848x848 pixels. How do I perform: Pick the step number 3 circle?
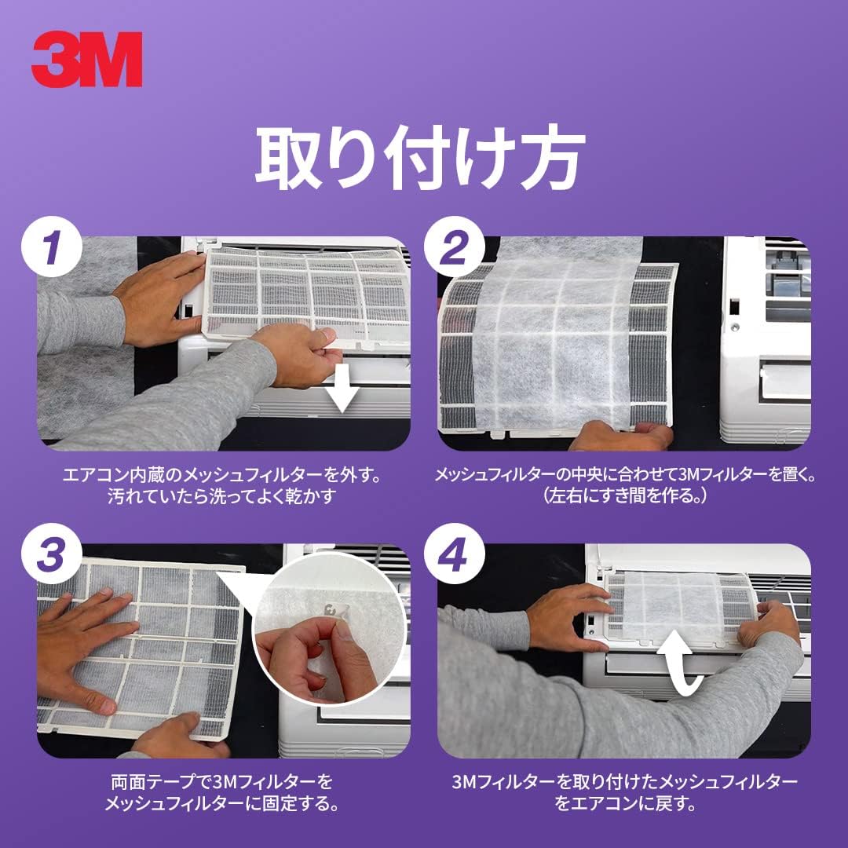pyautogui.click(x=51, y=555)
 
